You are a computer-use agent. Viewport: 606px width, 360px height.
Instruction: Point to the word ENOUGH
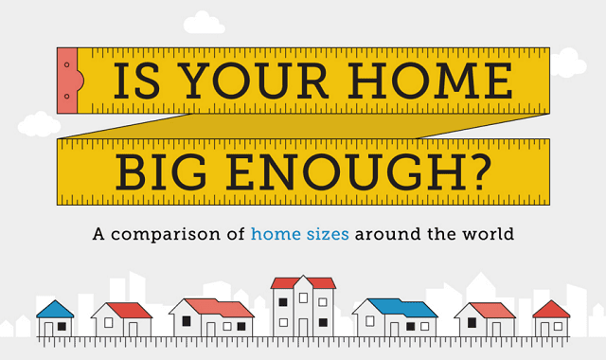tap(360, 171)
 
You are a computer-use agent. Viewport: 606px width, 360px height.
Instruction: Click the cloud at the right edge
tap(567, 63)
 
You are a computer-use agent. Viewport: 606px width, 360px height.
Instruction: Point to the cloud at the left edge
tap(38, 124)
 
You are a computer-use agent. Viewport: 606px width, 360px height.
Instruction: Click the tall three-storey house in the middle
tap(303, 307)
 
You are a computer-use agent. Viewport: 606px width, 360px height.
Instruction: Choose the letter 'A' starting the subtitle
tap(98, 232)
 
